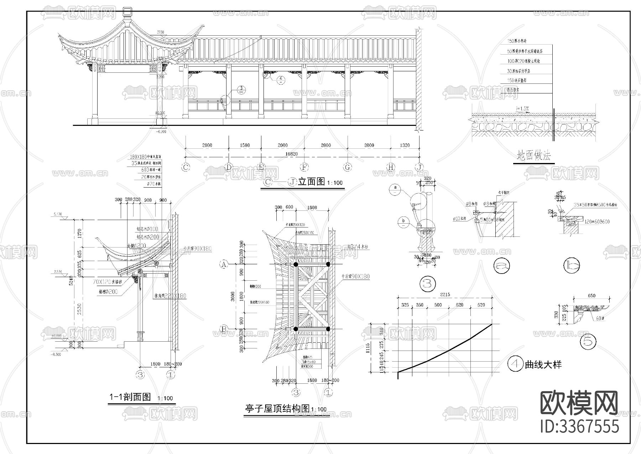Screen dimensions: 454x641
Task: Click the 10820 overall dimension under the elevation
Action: (x=291, y=154)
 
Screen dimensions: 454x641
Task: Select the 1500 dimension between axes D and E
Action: (x=245, y=145)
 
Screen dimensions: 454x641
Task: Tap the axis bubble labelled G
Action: (x=348, y=167)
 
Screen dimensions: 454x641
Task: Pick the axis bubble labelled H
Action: (x=391, y=167)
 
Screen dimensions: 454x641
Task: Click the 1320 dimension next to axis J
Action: (x=405, y=145)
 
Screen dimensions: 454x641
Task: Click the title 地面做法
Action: (x=533, y=156)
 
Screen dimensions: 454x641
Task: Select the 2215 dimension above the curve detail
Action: (x=445, y=295)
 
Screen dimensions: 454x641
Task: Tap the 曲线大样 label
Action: (x=543, y=364)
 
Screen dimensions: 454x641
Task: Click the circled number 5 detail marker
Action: (x=588, y=342)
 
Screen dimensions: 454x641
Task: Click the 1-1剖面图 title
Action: (x=130, y=397)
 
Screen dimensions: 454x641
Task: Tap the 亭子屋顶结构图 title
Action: (x=277, y=408)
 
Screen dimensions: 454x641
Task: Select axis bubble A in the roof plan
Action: (x=224, y=264)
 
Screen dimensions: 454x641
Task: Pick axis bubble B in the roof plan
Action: (x=224, y=329)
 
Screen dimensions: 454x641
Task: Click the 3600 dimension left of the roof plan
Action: (x=233, y=296)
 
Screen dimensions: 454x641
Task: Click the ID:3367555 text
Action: (x=579, y=426)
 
